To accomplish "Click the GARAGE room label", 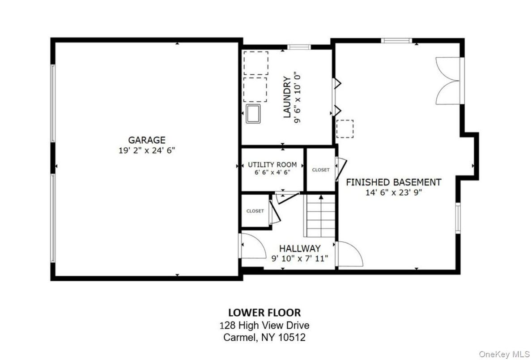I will [x=146, y=140].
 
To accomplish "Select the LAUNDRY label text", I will [x=287, y=97].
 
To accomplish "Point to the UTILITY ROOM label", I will [x=272, y=165].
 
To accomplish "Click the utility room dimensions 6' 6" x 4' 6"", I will [x=272, y=172].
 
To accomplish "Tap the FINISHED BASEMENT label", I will [x=393, y=182].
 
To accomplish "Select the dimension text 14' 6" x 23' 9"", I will [x=393, y=193].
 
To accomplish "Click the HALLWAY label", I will [x=300, y=248].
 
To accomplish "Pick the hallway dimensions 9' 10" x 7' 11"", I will [x=300, y=258].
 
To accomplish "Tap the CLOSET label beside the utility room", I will [x=320, y=170].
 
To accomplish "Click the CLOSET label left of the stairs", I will [x=255, y=211].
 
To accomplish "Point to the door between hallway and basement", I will [x=349, y=254].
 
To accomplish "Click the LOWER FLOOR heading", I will [x=264, y=312].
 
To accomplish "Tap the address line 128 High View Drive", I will [x=264, y=326].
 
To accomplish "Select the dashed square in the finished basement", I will [x=345, y=129].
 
